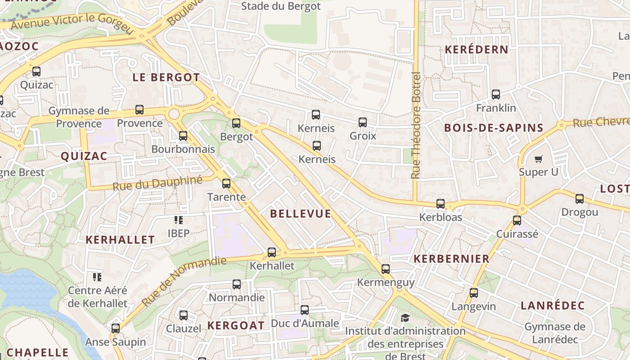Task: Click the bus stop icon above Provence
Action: click(x=139, y=109)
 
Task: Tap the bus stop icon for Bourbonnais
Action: click(x=183, y=135)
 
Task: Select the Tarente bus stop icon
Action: click(x=226, y=183)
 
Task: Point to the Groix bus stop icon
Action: click(x=363, y=122)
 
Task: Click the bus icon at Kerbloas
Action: click(x=441, y=204)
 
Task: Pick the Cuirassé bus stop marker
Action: click(x=517, y=220)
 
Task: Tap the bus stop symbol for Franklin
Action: click(x=496, y=94)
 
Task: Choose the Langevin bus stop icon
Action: click(x=474, y=293)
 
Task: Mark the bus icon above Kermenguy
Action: click(x=386, y=269)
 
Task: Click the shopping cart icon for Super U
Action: click(x=538, y=159)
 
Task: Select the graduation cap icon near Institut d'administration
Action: click(x=405, y=318)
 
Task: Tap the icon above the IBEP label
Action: click(x=179, y=220)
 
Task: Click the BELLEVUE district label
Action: click(x=301, y=214)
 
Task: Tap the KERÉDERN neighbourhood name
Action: click(x=477, y=50)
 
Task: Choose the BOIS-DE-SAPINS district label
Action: click(x=494, y=128)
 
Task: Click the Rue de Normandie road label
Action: click(x=184, y=281)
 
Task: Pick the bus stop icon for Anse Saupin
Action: click(x=116, y=328)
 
